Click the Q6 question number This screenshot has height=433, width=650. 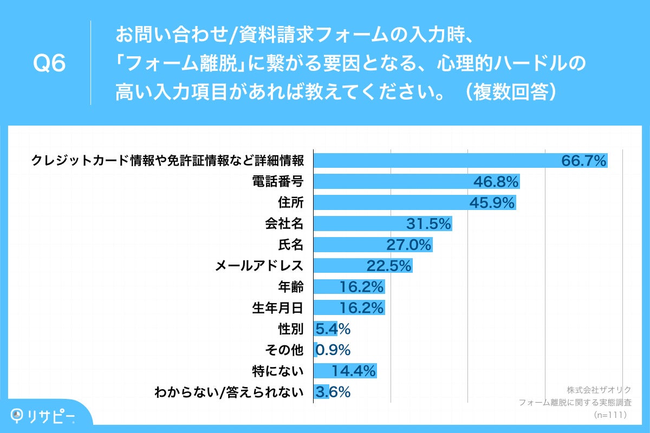pyautogui.click(x=49, y=64)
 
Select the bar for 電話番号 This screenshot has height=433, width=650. pyautogui.click(x=390, y=181)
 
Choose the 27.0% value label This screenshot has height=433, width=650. pyautogui.click(x=408, y=245)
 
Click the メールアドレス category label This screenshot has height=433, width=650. pyautogui.click(x=259, y=266)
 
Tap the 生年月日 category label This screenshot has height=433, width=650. pyautogui.click(x=277, y=308)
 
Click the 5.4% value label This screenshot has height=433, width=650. pyautogui.click(x=333, y=329)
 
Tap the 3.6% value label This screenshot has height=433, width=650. pyautogui.click(x=333, y=391)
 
